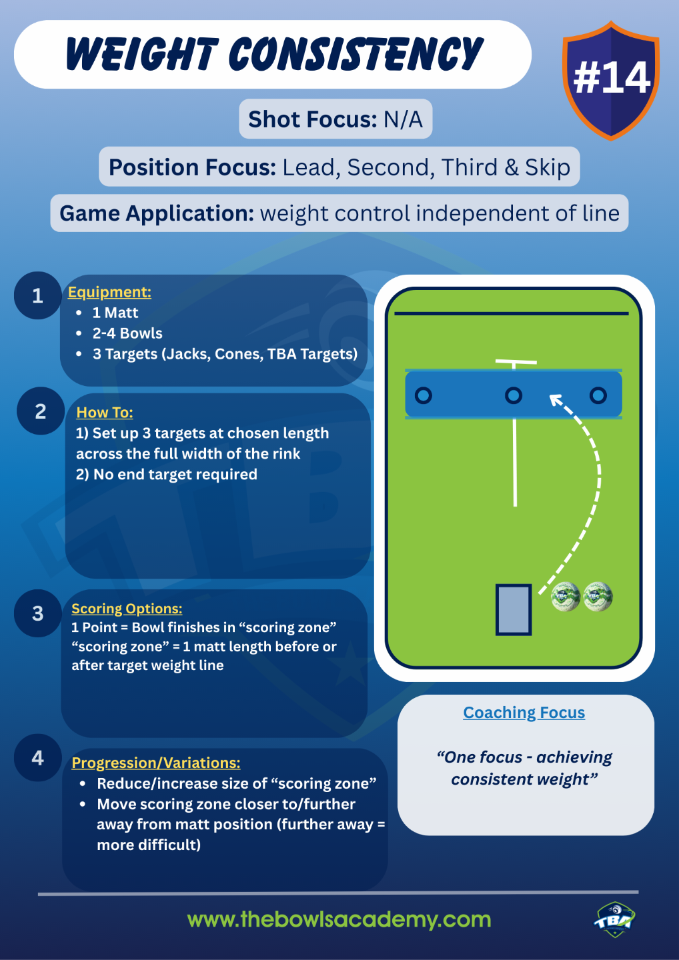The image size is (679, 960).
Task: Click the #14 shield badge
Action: (611, 79)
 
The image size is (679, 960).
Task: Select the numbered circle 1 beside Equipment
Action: (38, 295)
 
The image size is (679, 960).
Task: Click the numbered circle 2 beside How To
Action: (41, 411)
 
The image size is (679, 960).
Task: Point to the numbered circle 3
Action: (38, 613)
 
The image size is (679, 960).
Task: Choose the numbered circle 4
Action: (38, 758)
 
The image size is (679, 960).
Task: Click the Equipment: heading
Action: (109, 292)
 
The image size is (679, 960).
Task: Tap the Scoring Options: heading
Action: (127, 609)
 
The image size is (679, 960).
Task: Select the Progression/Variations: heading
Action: (155, 763)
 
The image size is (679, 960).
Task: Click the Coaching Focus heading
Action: (524, 713)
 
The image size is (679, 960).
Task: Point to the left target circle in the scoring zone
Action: (423, 395)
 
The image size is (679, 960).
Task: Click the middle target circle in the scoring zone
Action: (513, 395)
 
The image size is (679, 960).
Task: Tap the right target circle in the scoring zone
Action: (598, 395)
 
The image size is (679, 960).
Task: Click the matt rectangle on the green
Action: (514, 609)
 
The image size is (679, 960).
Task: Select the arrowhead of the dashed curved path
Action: (555, 400)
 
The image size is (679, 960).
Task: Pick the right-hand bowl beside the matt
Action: (598, 597)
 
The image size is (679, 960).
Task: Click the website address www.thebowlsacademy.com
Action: (339, 919)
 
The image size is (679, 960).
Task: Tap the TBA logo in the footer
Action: (614, 920)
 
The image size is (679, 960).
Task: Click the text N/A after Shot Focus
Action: (403, 119)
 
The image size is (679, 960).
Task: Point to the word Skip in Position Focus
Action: (547, 167)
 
